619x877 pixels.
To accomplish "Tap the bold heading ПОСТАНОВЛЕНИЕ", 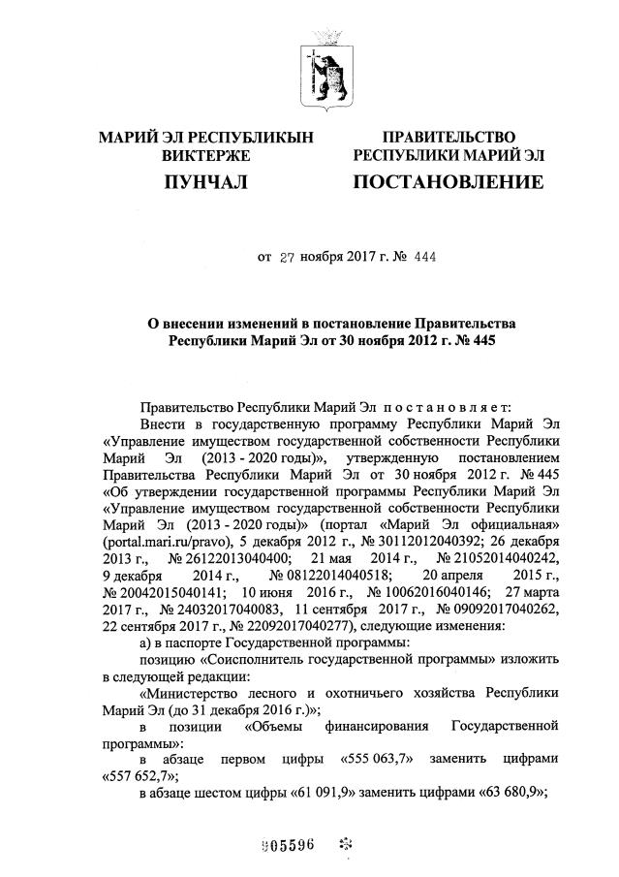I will click(x=449, y=181).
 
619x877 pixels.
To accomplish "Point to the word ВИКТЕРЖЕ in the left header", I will click(x=205, y=155).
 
